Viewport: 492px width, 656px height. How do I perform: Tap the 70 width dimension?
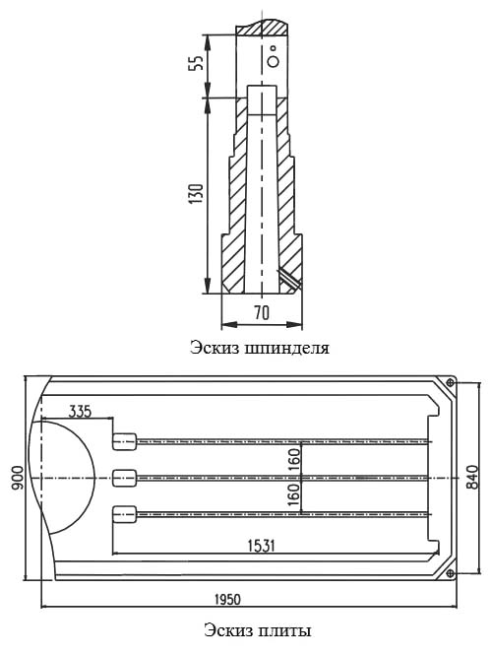point(262,312)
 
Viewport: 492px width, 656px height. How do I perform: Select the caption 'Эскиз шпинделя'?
point(260,348)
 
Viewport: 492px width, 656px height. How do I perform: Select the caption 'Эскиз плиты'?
point(258,630)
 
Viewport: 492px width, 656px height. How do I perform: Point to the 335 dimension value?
point(80,412)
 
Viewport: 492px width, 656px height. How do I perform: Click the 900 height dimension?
point(18,478)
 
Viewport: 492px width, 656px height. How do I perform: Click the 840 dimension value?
point(472,477)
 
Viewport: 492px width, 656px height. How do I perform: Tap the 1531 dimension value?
point(262,546)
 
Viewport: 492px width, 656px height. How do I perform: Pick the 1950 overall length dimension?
point(228,599)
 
